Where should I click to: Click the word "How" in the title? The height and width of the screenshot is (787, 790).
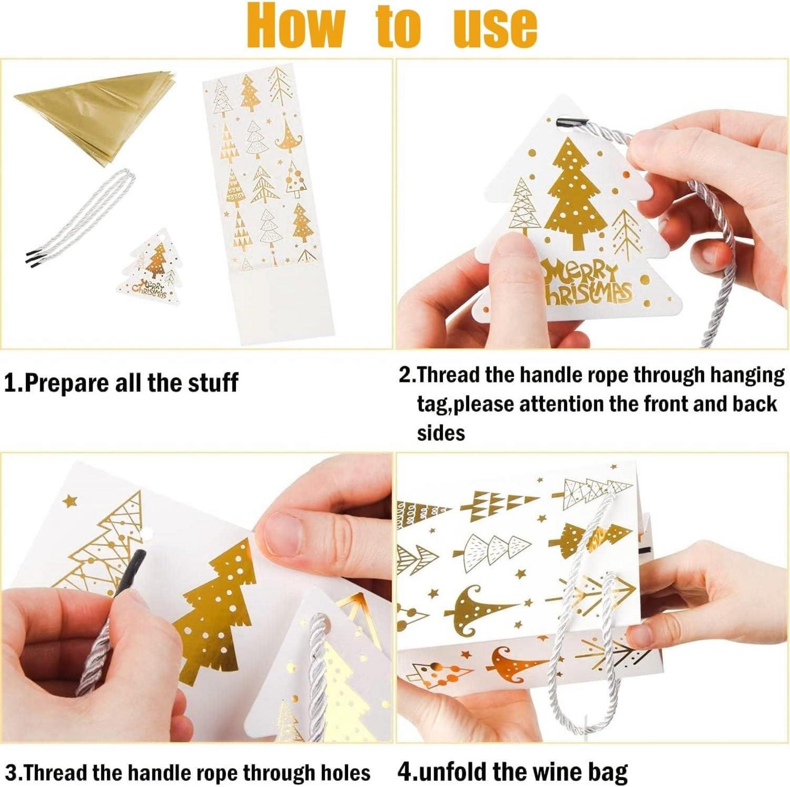[297, 25]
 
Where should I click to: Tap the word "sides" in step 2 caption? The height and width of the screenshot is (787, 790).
[441, 433]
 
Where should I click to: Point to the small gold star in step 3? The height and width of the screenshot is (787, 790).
[69, 501]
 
